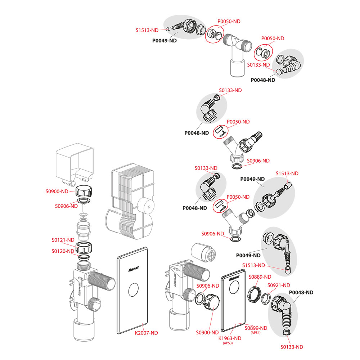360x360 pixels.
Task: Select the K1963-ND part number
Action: click(x=229, y=338)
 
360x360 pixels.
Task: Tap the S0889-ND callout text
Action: click(x=260, y=277)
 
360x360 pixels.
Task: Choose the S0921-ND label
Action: click(x=279, y=285)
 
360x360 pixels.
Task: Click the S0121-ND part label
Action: click(x=63, y=240)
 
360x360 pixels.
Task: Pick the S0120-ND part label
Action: click(x=63, y=251)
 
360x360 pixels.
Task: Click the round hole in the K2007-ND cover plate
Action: click(x=133, y=289)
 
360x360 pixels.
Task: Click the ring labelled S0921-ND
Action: click(x=266, y=298)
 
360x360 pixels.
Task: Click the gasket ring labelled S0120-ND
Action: click(x=83, y=258)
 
